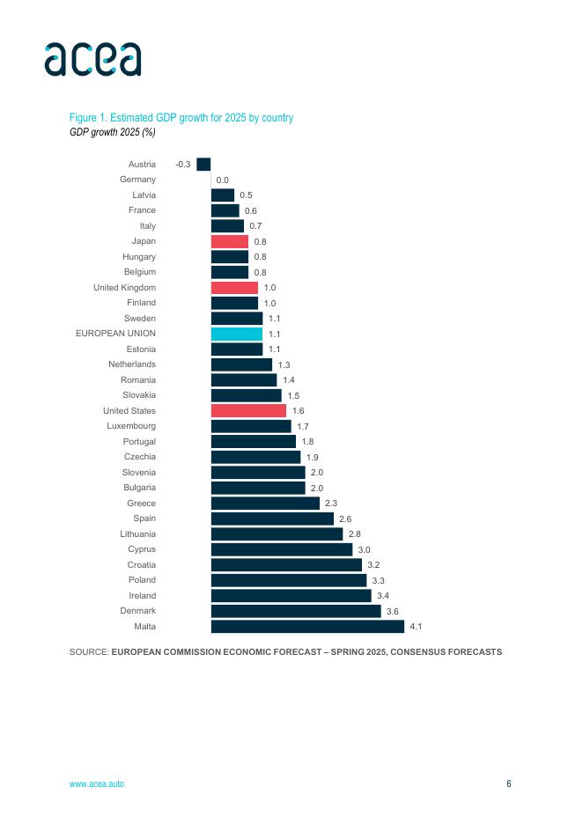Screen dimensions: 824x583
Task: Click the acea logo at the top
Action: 92,58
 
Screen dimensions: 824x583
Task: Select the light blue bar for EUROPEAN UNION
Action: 236,334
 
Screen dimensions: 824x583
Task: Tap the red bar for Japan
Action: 229,241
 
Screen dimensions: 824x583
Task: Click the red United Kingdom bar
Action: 234,288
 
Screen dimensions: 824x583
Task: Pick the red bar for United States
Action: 248,411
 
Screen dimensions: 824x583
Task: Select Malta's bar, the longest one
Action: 307,627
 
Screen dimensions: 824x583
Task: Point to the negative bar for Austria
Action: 203,164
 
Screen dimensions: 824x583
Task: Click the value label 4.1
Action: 417,627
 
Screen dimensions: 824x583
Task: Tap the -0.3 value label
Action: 183,165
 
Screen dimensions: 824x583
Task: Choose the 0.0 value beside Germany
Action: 223,180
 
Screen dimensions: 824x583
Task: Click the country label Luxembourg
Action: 131,426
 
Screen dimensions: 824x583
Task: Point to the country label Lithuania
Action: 138,534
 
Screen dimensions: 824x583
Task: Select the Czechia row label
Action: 140,457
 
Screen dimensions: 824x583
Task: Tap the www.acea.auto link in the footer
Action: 97,784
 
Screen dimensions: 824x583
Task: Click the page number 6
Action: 508,784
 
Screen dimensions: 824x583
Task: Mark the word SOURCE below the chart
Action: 88,652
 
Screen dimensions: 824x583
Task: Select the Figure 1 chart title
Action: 181,118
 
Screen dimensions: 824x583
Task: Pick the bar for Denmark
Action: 296,611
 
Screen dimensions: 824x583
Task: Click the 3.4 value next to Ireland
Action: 383,596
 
